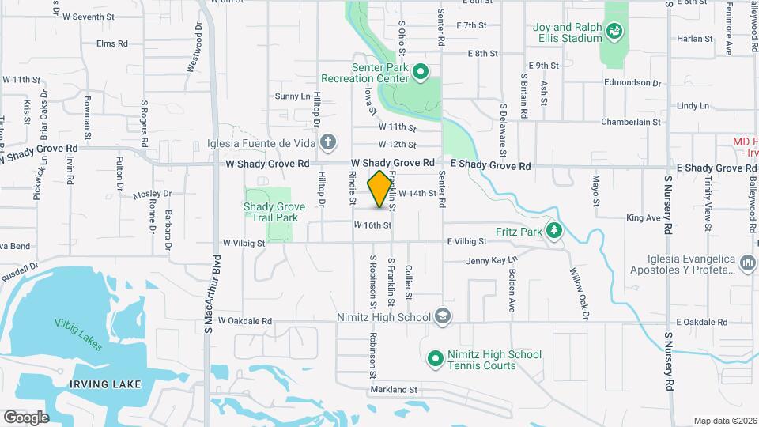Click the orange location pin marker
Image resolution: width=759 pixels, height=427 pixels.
[380, 189]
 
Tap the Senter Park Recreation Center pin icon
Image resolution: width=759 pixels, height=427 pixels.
[421, 74]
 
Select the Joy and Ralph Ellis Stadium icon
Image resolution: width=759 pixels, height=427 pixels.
[615, 32]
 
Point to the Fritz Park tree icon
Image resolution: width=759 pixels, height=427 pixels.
[555, 231]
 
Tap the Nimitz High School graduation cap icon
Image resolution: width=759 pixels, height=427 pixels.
[443, 317]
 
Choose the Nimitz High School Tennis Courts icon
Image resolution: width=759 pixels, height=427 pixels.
[434, 359]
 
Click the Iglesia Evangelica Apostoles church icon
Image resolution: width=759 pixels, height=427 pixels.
[747, 261]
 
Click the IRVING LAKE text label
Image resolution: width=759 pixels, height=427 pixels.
[104, 384]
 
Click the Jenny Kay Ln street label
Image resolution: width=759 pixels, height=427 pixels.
[492, 260]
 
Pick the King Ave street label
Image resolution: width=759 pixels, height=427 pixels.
[643, 217]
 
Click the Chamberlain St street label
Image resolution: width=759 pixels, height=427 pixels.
[630, 122]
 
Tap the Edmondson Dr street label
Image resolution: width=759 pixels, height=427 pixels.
[632, 82]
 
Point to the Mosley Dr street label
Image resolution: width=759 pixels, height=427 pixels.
[153, 194]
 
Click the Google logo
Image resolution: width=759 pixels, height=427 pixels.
[26, 417]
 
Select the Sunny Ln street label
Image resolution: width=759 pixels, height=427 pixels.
[293, 96]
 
